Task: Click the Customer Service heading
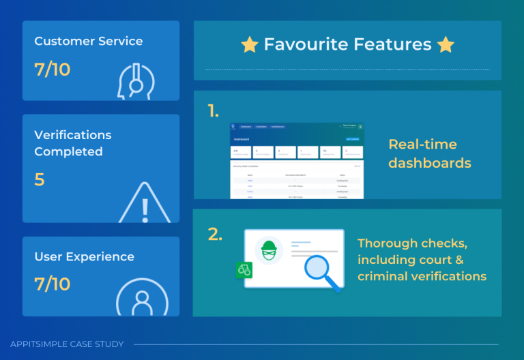coord(89,42)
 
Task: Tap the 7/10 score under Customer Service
coord(53,70)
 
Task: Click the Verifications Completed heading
coord(73,143)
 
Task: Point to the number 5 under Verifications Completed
coord(40,180)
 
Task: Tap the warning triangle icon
coord(145,202)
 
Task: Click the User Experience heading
coord(84,257)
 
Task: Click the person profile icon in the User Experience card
coord(142,299)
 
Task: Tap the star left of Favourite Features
coord(250,45)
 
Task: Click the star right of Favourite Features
coord(446,45)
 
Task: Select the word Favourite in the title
coord(306,45)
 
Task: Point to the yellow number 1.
coord(213,110)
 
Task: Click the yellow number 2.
coord(215,235)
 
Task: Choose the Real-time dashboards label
coord(430,153)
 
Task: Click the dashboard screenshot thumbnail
coord(297,161)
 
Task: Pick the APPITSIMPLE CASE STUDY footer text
coord(66,344)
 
